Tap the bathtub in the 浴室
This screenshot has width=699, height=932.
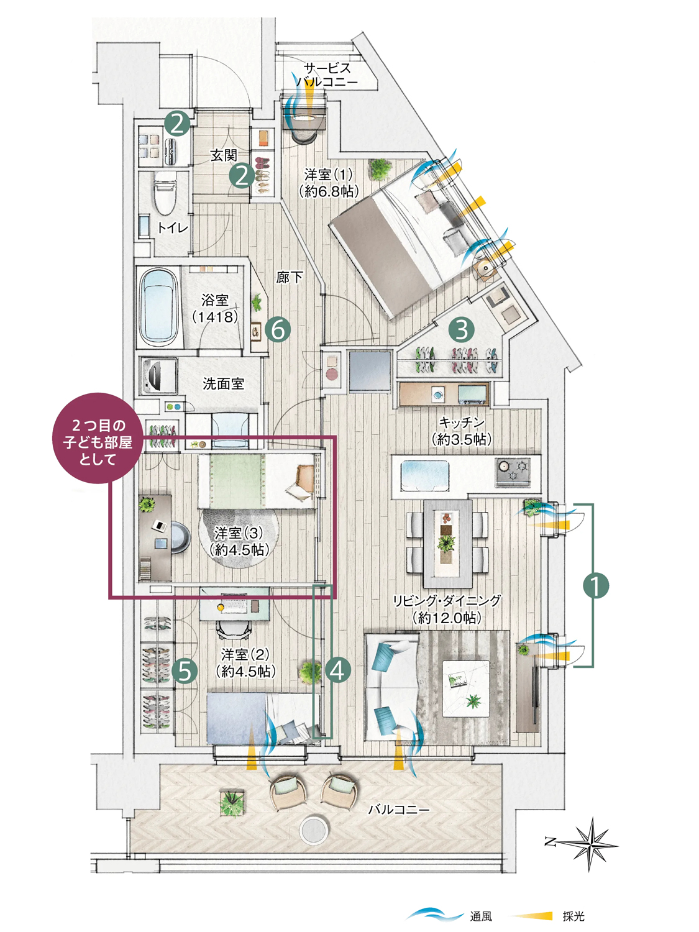pos(158,307)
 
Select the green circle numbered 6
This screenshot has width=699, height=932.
pos(278,330)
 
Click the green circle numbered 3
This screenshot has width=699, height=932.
pos(462,329)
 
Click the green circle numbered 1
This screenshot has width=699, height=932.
pos(596,587)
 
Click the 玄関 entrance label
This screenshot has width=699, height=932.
pos(224,155)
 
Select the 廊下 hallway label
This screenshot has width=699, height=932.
pos(289,277)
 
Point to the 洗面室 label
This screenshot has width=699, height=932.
pos(223,384)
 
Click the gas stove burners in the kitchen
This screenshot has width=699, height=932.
pos(513,472)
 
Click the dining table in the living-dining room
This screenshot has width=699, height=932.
pos(447,538)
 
